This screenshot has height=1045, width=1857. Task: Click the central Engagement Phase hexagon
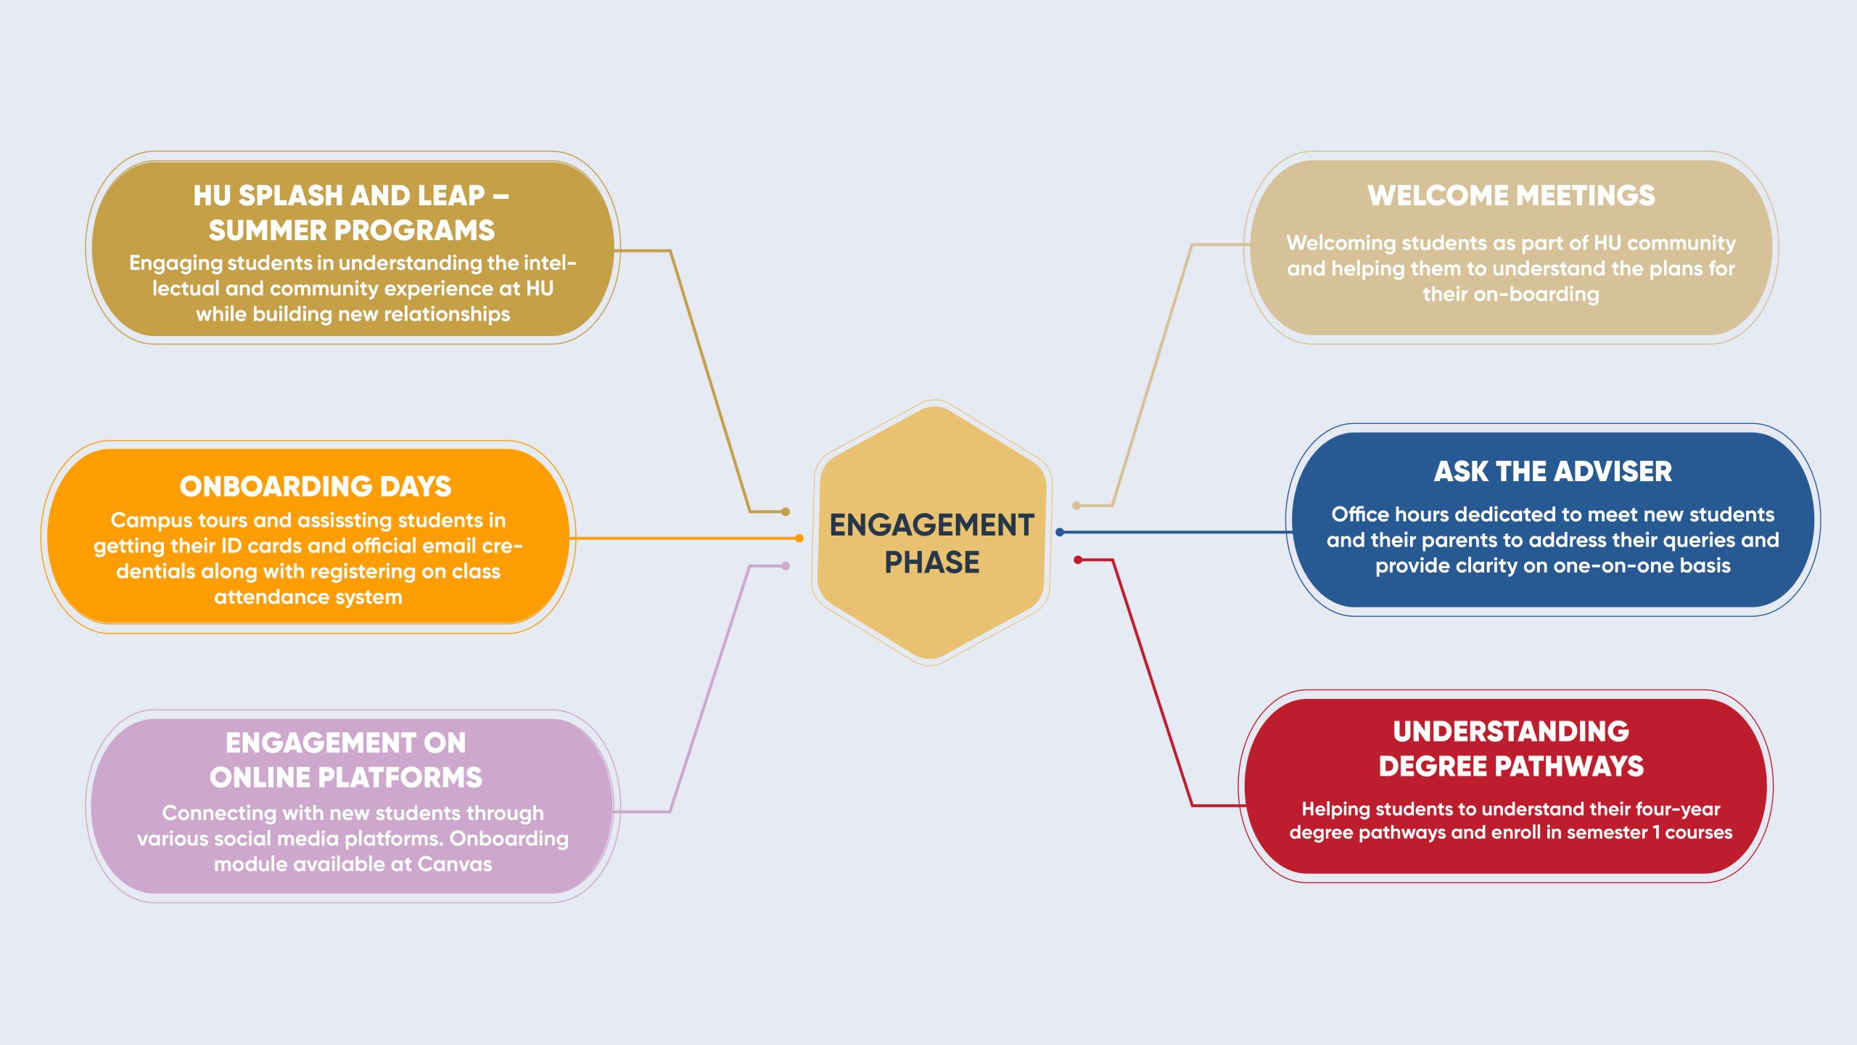pyautogui.click(x=931, y=533)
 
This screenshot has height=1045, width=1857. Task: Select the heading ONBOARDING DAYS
pyautogui.click(x=316, y=486)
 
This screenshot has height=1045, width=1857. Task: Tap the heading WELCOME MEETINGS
pyautogui.click(x=1511, y=195)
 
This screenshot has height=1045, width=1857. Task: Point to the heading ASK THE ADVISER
pyautogui.click(x=1553, y=472)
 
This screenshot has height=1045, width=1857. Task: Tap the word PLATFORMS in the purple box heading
pyautogui.click(x=400, y=778)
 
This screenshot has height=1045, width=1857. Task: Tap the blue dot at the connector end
pyautogui.click(x=1060, y=532)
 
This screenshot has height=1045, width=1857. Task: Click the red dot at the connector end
pyautogui.click(x=1078, y=560)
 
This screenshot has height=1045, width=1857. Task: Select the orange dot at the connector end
pyautogui.click(x=799, y=538)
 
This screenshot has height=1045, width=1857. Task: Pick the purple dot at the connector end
pyautogui.click(x=786, y=566)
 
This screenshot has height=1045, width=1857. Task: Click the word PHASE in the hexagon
pyautogui.click(x=932, y=562)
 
